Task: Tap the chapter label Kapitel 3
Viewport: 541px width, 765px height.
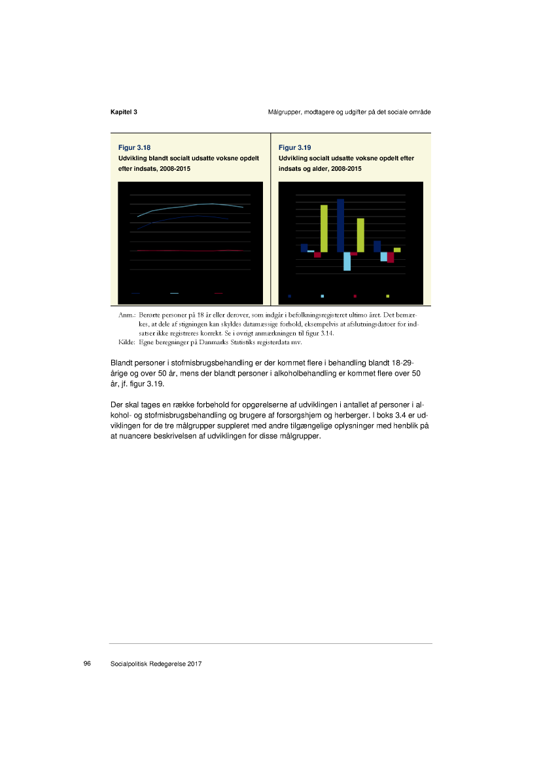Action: tap(124, 113)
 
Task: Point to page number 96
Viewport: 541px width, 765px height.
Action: tap(87, 664)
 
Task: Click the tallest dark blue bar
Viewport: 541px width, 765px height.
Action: tap(340, 225)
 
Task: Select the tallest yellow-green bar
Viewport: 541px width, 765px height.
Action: tap(324, 228)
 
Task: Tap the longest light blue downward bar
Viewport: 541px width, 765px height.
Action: tap(347, 261)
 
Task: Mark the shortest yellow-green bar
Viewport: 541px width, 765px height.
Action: tap(397, 250)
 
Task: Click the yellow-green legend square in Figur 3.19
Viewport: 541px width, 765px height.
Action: tap(388, 296)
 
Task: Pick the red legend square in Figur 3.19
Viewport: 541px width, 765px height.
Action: tap(355, 296)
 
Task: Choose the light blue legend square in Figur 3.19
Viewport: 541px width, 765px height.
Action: tap(323, 296)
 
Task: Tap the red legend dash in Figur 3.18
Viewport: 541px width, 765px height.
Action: tap(218, 294)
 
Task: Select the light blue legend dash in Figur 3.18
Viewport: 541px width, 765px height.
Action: tap(174, 294)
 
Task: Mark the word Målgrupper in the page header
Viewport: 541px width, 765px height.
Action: tap(286, 113)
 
